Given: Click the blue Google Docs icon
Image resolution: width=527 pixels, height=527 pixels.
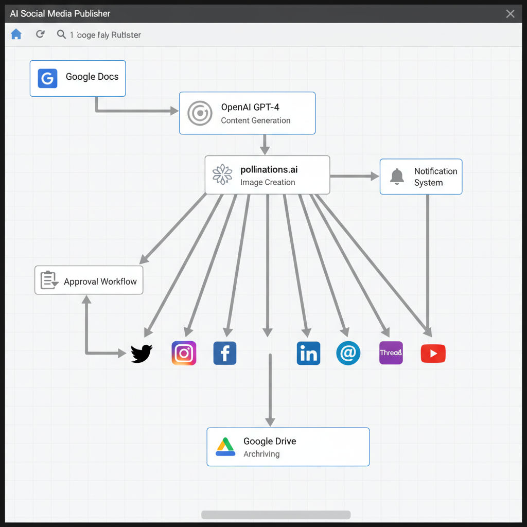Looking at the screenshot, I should pyautogui.click(x=47, y=78).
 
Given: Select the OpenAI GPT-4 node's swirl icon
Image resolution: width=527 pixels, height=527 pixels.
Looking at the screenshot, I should pyautogui.click(x=200, y=113).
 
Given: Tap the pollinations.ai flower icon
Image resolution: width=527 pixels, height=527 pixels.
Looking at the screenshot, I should pyautogui.click(x=222, y=174).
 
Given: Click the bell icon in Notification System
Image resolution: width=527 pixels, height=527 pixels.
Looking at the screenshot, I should pyautogui.click(x=397, y=177).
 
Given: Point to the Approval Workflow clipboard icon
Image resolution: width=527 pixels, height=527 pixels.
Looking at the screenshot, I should pyautogui.click(x=49, y=280).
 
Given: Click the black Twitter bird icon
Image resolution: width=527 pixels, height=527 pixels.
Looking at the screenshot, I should pyautogui.click(x=141, y=354).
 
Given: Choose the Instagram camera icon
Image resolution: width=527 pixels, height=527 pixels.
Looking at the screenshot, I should pyautogui.click(x=184, y=354).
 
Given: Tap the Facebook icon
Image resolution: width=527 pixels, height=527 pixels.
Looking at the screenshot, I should pyautogui.click(x=225, y=354).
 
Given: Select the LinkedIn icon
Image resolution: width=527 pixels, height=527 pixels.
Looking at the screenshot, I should pyautogui.click(x=308, y=354).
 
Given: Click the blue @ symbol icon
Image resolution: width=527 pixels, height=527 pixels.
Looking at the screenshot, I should pyautogui.click(x=348, y=354).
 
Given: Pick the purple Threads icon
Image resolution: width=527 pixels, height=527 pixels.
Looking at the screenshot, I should pyautogui.click(x=391, y=353).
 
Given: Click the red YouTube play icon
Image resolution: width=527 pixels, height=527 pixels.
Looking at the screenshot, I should pyautogui.click(x=433, y=354).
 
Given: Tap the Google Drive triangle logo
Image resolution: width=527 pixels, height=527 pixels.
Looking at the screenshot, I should pyautogui.click(x=225, y=447).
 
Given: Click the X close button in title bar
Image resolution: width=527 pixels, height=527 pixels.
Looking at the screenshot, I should pyautogui.click(x=510, y=14).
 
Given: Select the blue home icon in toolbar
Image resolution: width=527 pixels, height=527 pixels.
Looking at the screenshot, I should pyautogui.click(x=16, y=34).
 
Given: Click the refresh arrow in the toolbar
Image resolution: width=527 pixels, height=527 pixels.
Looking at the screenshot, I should pyautogui.click(x=40, y=34).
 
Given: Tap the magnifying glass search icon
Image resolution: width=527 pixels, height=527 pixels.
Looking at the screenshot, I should pyautogui.click(x=61, y=34).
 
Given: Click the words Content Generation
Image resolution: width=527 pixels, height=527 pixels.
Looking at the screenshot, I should pyautogui.click(x=256, y=120).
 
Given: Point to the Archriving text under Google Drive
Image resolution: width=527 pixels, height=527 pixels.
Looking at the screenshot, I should pyautogui.click(x=261, y=454).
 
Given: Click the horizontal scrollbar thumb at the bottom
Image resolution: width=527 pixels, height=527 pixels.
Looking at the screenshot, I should pyautogui.click(x=276, y=515).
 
